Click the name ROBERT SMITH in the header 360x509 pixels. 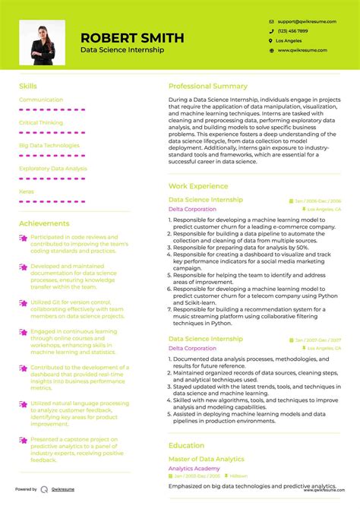[x=132, y=37]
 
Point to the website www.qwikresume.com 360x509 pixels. [x=302, y=50]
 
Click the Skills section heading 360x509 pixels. [x=27, y=87]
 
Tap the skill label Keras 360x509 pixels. [x=26, y=191]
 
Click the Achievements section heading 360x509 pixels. [x=44, y=223]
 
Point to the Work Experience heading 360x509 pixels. [x=197, y=186]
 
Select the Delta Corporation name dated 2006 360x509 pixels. [x=191, y=209]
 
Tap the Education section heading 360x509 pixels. [x=186, y=446]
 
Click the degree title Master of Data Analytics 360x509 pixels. [x=206, y=459]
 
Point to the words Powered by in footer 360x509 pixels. [x=26, y=489]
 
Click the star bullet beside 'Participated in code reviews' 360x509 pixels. [x=24, y=238]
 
